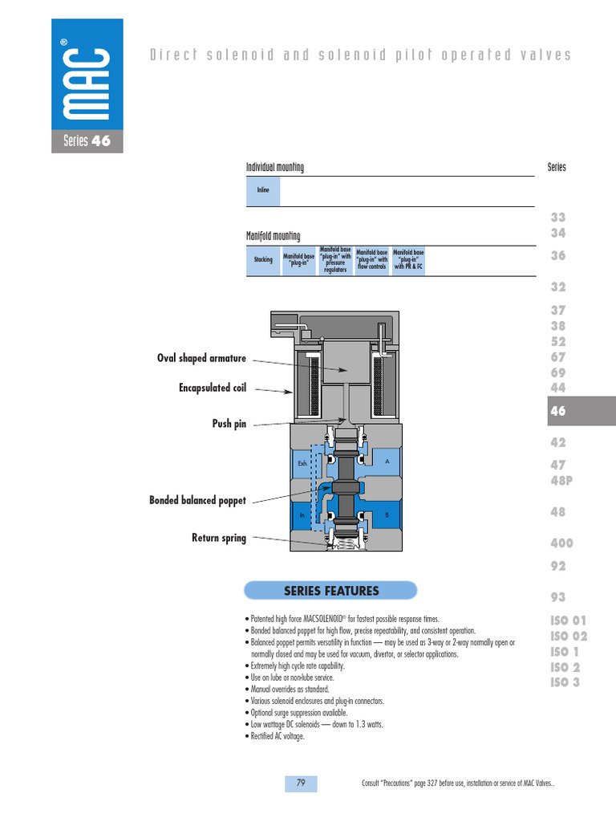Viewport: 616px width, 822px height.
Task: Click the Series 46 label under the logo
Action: coord(87,142)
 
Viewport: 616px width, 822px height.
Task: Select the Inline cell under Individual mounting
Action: coord(263,191)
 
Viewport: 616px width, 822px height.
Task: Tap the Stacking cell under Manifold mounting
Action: coord(263,260)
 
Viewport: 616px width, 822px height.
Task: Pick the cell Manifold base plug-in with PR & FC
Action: coord(408,260)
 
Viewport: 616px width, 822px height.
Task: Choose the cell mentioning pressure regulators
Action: coord(335,260)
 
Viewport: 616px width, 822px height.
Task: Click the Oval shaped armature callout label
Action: coord(201,358)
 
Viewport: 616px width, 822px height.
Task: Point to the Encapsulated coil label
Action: coord(212,389)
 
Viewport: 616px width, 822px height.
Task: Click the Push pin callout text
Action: coord(229,424)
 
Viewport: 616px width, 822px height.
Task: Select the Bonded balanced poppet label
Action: coord(197,501)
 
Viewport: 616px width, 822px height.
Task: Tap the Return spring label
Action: coord(218,538)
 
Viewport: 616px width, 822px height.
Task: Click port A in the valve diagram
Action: coord(387,462)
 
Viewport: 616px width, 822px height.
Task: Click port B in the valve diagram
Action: coord(387,515)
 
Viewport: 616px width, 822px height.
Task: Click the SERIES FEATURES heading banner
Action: coord(330,592)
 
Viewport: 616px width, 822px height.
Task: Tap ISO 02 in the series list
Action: coord(569,636)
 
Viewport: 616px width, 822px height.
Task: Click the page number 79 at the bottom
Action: coord(301,783)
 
